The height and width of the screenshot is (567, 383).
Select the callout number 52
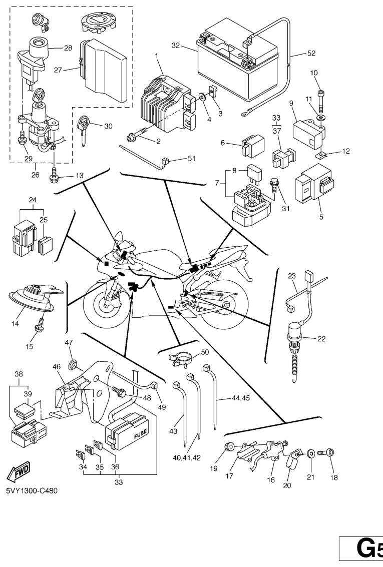tap(311, 53)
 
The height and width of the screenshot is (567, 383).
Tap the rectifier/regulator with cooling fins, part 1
tap(163, 100)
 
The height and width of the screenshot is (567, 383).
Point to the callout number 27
tap(58, 71)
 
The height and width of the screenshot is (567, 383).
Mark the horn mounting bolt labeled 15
tap(37, 328)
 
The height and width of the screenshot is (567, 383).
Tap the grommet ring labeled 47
tap(72, 360)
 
